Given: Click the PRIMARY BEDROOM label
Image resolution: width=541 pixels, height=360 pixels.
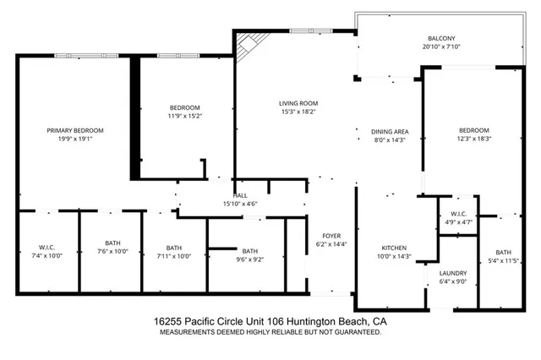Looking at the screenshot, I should (x=75, y=130).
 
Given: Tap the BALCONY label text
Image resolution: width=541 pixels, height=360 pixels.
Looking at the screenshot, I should (x=441, y=38).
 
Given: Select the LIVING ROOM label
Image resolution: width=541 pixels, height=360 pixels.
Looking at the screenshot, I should (x=303, y=103).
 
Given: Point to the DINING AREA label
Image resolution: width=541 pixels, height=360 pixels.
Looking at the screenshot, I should (x=390, y=131).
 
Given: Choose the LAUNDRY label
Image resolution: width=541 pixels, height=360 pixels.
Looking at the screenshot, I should (x=452, y=274).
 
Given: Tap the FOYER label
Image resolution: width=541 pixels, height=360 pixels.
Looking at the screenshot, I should (x=331, y=236).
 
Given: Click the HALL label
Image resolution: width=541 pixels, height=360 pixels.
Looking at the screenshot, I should (x=240, y=195).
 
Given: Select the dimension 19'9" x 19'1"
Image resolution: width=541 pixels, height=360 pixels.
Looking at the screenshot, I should (x=75, y=139).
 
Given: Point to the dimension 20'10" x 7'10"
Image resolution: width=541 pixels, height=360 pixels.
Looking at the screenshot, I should (x=441, y=46).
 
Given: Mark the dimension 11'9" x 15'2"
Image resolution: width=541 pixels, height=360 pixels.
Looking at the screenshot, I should (x=184, y=116).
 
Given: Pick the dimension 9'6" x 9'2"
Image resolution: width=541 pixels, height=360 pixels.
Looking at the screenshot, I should (x=249, y=259).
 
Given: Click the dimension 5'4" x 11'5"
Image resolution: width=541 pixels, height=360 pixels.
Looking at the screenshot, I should (x=504, y=261).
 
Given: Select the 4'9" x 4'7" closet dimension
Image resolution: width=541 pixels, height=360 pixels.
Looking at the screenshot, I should (x=460, y=222).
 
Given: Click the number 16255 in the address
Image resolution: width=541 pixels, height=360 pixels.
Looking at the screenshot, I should (x=169, y=323).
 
